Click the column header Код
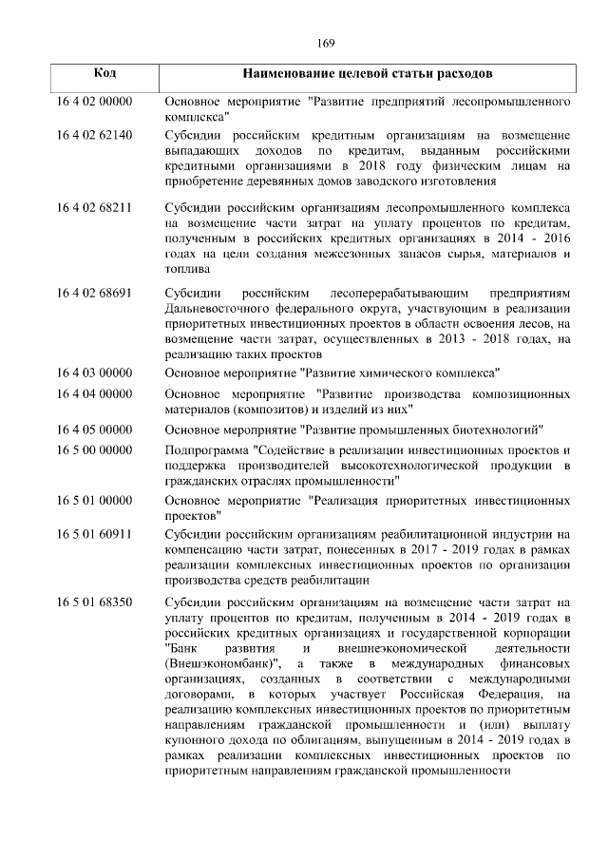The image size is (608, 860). [106, 73]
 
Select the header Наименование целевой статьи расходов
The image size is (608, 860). [367, 73]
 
